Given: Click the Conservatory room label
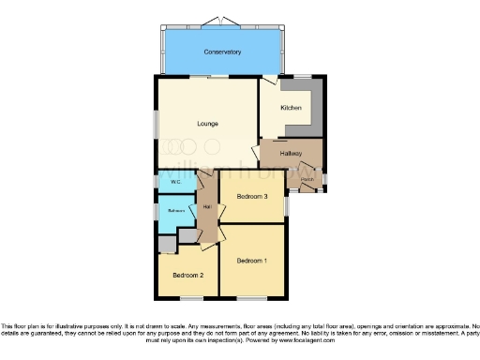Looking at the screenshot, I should (x=220, y=52).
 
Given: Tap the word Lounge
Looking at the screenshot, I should (x=208, y=123).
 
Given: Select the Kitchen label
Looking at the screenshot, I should (x=291, y=109).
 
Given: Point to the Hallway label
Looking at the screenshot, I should (x=291, y=153).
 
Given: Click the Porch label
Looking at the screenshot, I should (x=307, y=177).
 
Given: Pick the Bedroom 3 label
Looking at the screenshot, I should (x=252, y=197).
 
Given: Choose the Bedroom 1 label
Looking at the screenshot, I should (x=251, y=260).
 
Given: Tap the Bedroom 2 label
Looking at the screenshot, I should (x=188, y=276).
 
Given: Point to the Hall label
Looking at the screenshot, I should (x=206, y=207).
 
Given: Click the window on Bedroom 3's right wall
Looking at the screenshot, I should (x=287, y=200).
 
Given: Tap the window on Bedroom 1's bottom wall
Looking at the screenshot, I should (x=251, y=298).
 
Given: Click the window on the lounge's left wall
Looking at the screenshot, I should (x=157, y=126).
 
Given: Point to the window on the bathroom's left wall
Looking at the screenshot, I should (x=157, y=212).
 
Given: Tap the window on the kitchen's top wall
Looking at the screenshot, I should (x=302, y=76).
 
